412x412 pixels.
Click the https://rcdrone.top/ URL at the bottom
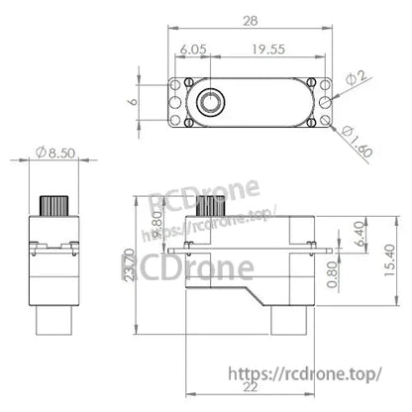pyautogui.click(x=318, y=374)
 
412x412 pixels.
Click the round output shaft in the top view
pyautogui.click(x=212, y=102)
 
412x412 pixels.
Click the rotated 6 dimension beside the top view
pyautogui.click(x=133, y=101)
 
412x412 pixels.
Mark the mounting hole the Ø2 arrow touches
pyautogui.click(x=330, y=100)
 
